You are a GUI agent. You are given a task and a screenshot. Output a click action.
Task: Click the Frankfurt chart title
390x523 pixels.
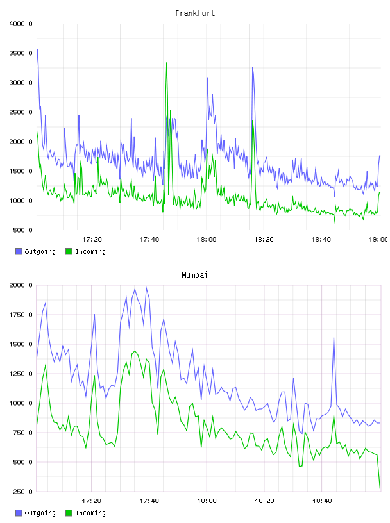[x=195, y=13]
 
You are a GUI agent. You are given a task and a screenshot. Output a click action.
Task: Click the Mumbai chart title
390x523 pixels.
[x=194, y=275]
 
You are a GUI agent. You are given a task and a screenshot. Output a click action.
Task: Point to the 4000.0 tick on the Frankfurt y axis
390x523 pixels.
[x=21, y=24]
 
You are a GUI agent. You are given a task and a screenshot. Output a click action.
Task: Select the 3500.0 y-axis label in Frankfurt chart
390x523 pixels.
[x=21, y=53]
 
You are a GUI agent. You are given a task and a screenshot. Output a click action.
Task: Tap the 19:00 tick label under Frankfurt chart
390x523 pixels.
[x=378, y=240]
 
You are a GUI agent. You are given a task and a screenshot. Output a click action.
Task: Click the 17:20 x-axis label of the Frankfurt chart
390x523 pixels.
[x=92, y=240]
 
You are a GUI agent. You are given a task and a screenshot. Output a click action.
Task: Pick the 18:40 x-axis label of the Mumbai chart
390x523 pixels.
[x=322, y=501]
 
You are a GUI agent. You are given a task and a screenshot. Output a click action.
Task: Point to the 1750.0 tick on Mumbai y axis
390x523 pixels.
[x=21, y=315]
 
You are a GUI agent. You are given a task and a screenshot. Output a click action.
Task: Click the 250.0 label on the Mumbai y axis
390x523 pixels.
[x=22, y=492]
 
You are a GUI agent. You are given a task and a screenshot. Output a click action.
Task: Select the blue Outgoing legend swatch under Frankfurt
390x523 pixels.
[x=19, y=251]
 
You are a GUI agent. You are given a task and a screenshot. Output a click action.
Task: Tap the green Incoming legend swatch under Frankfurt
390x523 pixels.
[x=69, y=251]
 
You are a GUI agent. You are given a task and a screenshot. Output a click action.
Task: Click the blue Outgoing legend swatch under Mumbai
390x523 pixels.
[x=19, y=513]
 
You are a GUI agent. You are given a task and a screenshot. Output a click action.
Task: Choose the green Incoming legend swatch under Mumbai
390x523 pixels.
[x=69, y=513]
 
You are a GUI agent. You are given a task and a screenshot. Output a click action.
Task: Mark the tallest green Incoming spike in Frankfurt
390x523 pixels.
[x=167, y=63]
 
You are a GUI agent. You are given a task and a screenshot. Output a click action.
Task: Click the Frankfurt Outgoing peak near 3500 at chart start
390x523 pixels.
[x=38, y=49]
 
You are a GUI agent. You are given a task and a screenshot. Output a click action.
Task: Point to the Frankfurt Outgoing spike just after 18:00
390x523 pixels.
[x=208, y=78]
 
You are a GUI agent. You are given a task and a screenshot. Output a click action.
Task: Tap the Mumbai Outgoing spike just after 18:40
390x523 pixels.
[x=334, y=338]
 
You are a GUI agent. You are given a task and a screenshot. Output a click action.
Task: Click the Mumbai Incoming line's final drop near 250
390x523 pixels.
[x=380, y=488]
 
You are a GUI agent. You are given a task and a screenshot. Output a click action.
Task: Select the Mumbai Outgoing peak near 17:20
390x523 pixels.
[x=94, y=315]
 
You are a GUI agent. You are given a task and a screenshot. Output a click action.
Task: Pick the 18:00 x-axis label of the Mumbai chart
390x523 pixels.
[x=207, y=501]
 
